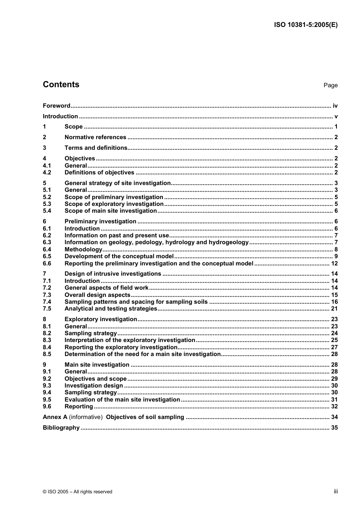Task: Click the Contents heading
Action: pos(61,85)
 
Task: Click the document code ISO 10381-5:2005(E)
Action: pos(305,25)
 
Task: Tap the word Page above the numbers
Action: pos(330,85)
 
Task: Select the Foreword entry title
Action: pos(56,106)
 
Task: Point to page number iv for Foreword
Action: pos(335,106)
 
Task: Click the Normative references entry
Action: pos(95,137)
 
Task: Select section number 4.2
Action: pos(47,173)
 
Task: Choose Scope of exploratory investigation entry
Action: pos(114,204)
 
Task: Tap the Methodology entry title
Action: pos(83,250)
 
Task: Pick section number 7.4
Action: pos(47,302)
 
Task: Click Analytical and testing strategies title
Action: pos(111,309)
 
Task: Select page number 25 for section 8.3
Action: pos(334,340)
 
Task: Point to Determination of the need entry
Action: pos(142,354)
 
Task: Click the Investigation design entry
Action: pos(94,386)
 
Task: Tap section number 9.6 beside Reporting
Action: pos(47,406)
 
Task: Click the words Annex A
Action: pos(55,417)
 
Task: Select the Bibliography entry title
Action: pos(61,428)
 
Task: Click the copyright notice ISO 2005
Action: pos(77,492)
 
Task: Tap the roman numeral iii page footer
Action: pos(336,491)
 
